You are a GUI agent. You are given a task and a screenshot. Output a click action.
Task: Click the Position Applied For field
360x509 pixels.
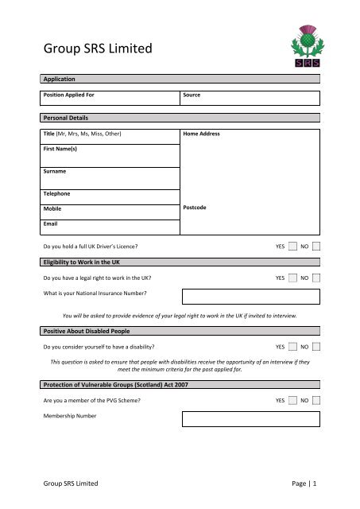[110, 98]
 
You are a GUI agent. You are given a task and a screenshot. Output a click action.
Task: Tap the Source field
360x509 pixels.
[250, 98]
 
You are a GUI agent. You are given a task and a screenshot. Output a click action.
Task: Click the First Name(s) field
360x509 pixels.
[110, 154]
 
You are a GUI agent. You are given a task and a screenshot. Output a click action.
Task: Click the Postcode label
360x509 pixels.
[195, 208]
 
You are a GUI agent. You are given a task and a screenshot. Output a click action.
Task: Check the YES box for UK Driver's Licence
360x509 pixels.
[293, 247]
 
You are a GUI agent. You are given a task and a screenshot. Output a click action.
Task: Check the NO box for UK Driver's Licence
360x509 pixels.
[317, 247]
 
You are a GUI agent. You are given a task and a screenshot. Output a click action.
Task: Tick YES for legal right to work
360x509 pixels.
[293, 278]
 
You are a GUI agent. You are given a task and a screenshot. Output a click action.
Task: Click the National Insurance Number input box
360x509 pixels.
[250, 297]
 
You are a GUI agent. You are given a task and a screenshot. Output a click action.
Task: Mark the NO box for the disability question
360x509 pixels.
[317, 347]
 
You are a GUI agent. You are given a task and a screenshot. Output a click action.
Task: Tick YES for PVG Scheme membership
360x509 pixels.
[293, 400]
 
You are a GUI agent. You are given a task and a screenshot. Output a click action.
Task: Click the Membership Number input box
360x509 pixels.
[250, 418]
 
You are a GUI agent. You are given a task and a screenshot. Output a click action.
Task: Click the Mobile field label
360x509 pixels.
[54, 208]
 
